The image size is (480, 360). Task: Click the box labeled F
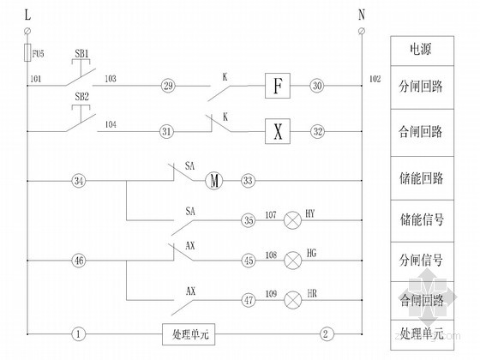click(x=276, y=87)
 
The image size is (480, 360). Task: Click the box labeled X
click(x=276, y=131)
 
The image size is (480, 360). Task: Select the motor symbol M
click(x=213, y=181)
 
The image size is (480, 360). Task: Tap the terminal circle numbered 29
click(x=167, y=87)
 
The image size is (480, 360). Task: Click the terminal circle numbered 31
click(x=167, y=131)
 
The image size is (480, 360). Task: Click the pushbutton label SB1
click(x=82, y=54)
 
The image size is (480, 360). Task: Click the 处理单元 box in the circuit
click(x=189, y=333)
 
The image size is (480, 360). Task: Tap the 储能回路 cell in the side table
click(x=421, y=178)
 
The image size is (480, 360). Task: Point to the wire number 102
click(x=375, y=78)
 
